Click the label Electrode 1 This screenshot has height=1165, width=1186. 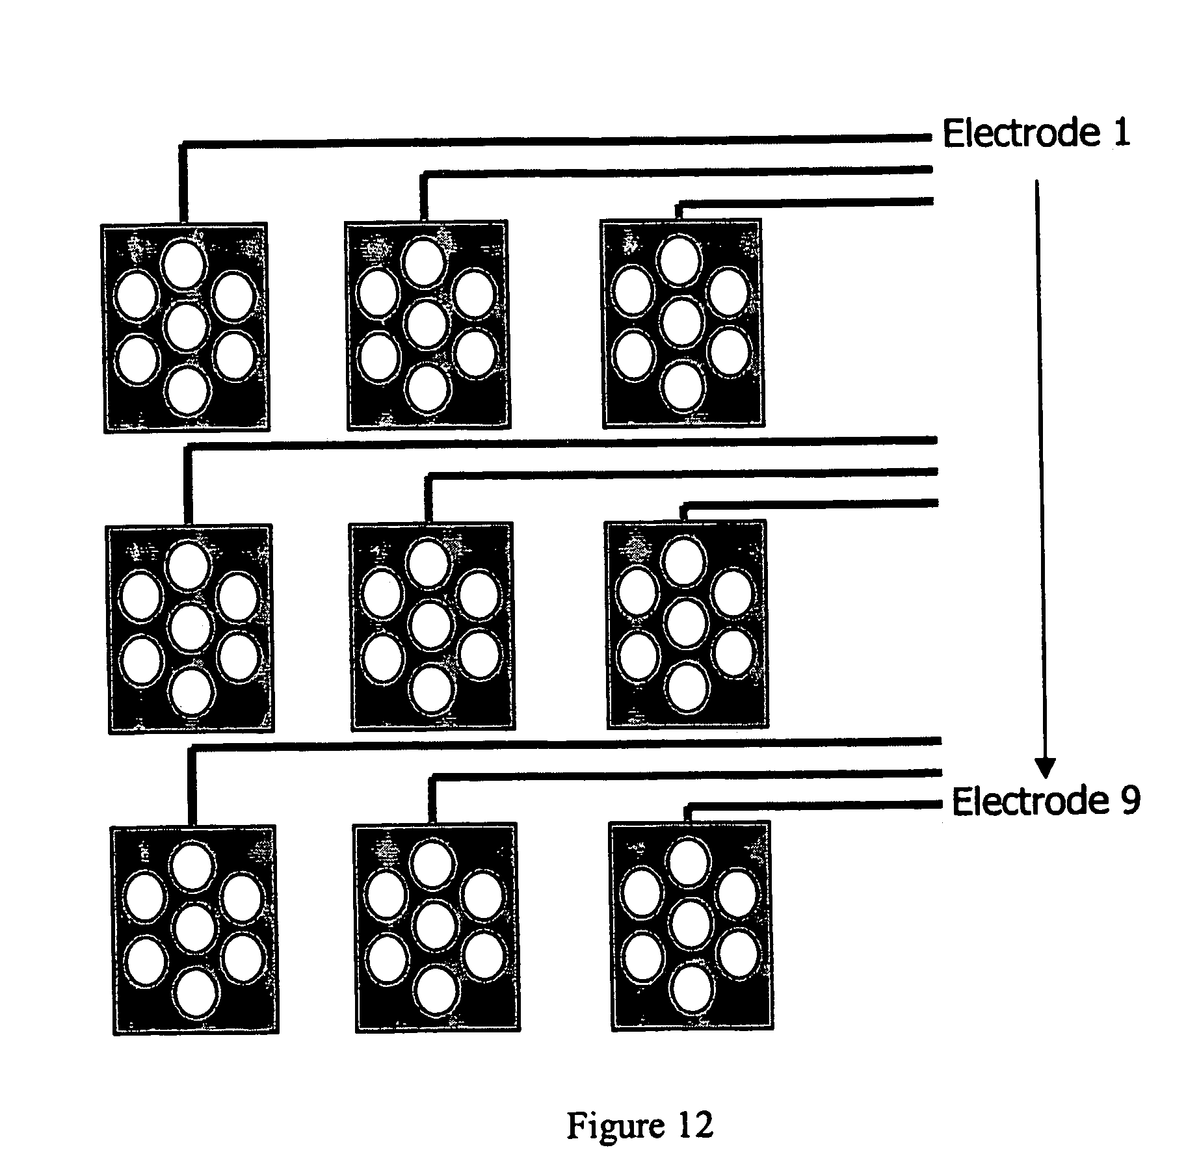pos(1036,134)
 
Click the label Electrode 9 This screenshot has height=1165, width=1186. pos(1046,801)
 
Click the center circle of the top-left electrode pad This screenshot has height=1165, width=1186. pos(185,326)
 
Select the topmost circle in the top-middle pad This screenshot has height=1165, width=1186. pos(423,261)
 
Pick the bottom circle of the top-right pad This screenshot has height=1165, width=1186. pos(683,386)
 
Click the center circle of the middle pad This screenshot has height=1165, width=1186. pos(431,625)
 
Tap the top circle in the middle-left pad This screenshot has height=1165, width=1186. pos(189,565)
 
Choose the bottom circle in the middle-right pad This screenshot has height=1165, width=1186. pos(687,687)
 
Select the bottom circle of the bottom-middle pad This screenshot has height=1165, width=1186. pos(437,989)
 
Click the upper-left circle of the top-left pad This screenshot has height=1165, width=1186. pos(137,296)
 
